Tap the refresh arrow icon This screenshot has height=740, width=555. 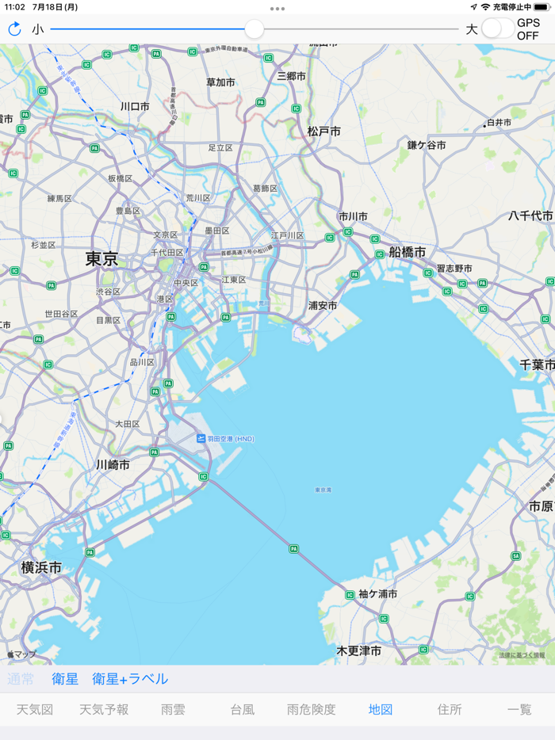coord(14,29)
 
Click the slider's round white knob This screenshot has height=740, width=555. coord(254,29)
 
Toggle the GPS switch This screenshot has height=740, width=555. coord(497,29)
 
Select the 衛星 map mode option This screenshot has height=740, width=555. coord(65,679)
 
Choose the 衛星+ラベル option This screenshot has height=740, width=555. coord(130,679)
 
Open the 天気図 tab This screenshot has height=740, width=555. coord(35,710)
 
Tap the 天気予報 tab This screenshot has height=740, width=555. coord(104,710)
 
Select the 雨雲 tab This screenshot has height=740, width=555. coord(173,710)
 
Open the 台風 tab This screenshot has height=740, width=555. coord(242,710)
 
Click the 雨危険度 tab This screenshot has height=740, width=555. coord(311,710)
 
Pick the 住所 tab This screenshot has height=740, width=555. coord(450,710)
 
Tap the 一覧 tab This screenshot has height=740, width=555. coord(519,710)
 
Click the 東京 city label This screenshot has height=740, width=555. coord(101,259)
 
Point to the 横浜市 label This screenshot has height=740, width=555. coord(41,567)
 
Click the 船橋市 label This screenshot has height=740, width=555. coord(408,252)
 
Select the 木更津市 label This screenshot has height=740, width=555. coord(358,650)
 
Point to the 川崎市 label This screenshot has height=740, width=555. coord(113,465)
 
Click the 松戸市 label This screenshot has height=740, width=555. coord(323,132)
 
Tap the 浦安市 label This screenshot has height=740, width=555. coord(323,306)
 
